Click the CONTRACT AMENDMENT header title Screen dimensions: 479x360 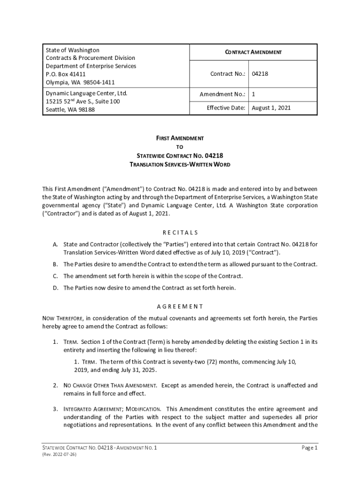click(254, 52)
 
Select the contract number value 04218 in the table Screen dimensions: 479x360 click(260, 74)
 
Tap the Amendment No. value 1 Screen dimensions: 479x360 click(253, 94)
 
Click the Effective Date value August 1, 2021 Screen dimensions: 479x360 click(271, 108)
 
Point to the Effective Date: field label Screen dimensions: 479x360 click(226, 108)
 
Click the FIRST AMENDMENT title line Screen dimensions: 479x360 click(180, 139)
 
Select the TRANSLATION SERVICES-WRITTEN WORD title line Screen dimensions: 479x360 click(180, 165)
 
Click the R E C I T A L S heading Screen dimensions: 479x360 click(180, 232)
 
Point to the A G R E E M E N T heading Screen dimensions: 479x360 click(180, 307)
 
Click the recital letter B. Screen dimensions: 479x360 click(55, 264)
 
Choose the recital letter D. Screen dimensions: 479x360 click(55, 288)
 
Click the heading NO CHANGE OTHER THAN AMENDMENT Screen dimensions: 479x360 click(110, 385)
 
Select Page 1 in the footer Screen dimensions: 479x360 click(310, 448)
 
